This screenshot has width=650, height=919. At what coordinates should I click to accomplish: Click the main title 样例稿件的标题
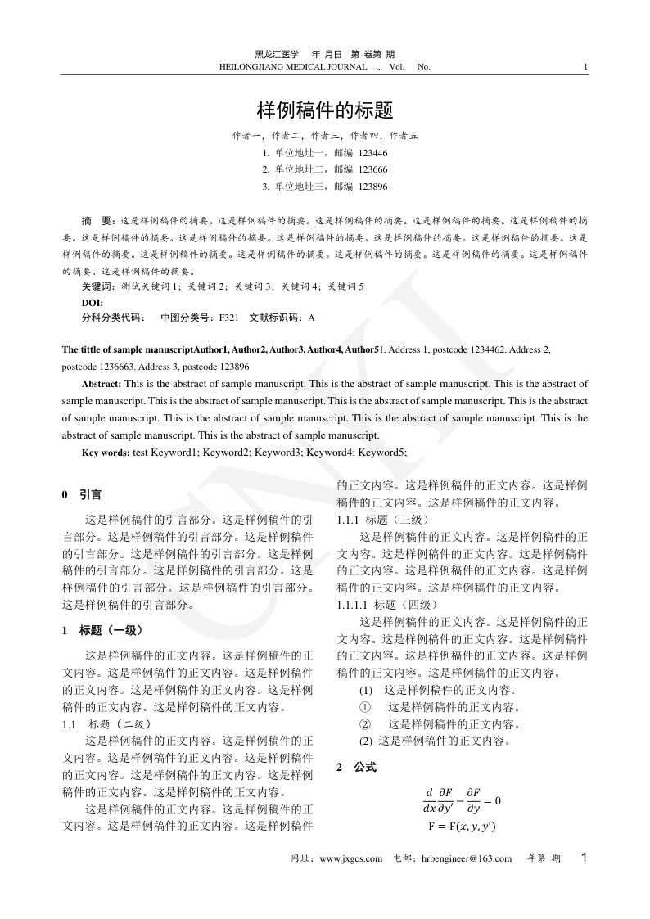[x=325, y=110]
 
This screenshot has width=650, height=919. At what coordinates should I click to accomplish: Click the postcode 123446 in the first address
[x=373, y=153]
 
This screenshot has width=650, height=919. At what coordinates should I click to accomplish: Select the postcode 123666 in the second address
[x=373, y=169]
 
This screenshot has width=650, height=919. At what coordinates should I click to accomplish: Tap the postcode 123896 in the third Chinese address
[x=373, y=187]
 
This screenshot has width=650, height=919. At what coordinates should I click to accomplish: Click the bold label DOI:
[x=92, y=302]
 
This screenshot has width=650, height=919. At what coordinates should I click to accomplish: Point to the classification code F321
[x=228, y=317]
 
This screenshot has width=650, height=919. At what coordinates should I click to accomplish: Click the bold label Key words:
[x=106, y=453]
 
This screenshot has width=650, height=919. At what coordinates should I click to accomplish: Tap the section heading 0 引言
[x=82, y=495]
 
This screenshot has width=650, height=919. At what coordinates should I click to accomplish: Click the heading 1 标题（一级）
[x=103, y=631]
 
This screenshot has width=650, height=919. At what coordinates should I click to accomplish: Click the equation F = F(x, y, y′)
[x=462, y=827]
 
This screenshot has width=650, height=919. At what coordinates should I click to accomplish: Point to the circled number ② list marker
[x=365, y=723]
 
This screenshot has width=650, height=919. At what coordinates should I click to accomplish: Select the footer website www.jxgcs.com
[x=350, y=858]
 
